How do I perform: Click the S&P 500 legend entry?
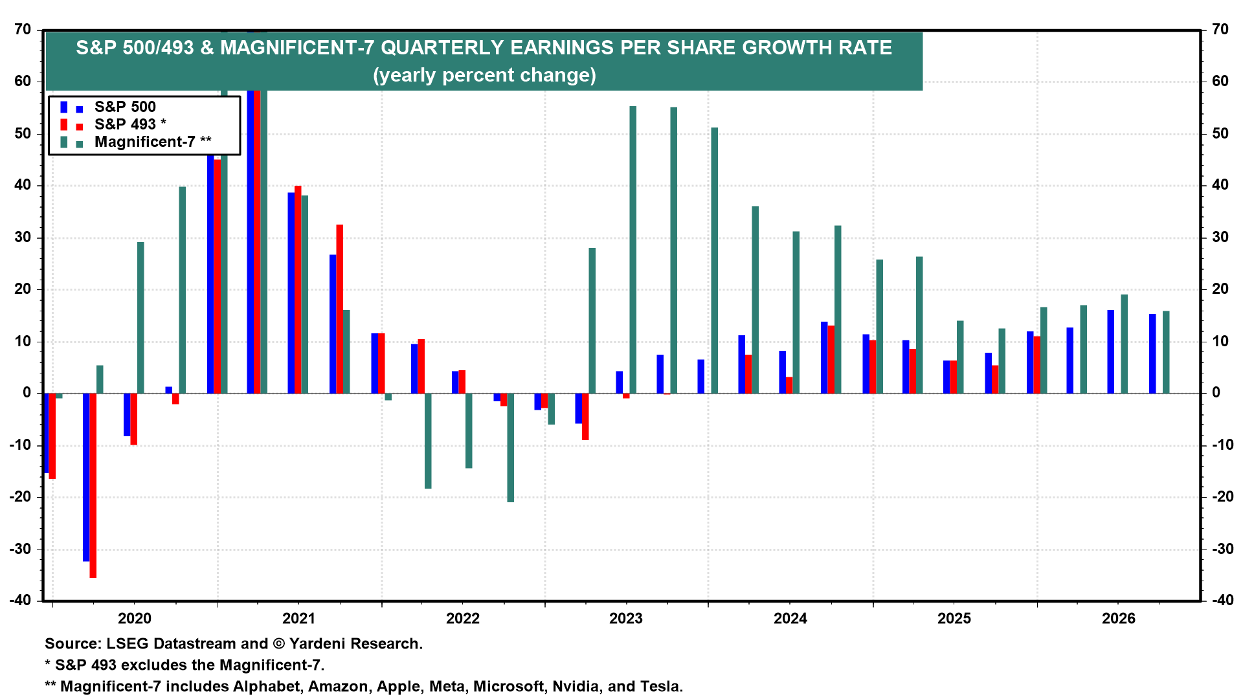pos(124,107)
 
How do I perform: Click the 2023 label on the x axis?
pos(626,618)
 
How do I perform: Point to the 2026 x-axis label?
pos(1118,618)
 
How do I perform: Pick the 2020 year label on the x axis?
pos(135,618)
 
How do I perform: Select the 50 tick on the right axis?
pos(1220,133)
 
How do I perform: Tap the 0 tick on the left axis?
pos(27,392)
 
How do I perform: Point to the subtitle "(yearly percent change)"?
pos(484,75)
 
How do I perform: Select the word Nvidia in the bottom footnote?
pos(576,686)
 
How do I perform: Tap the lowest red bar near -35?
pos(93,485)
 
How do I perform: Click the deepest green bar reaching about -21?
pos(511,447)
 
